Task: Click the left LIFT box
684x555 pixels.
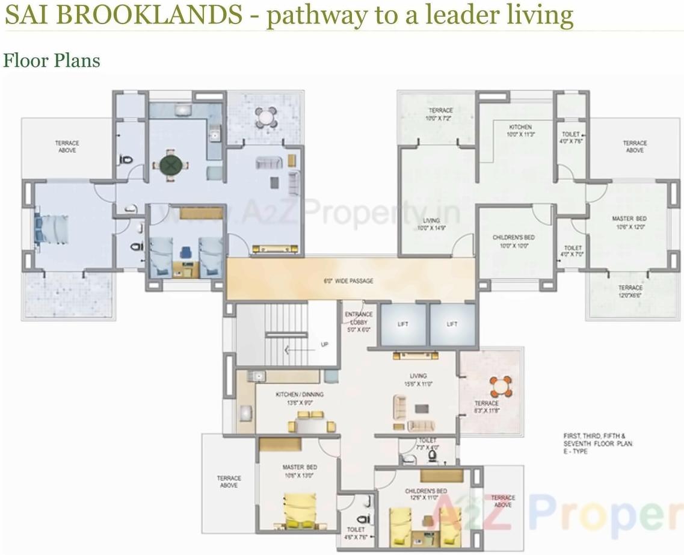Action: (403, 325)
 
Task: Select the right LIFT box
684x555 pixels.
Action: (452, 325)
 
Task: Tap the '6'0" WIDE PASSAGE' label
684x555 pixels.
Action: (349, 281)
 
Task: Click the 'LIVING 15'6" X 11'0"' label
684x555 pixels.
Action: (418, 379)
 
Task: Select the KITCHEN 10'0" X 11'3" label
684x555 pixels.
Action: (520, 131)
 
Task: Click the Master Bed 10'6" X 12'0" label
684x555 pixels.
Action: (629, 223)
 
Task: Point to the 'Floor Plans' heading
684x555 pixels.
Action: (51, 61)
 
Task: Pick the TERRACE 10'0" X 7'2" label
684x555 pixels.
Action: (440, 114)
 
